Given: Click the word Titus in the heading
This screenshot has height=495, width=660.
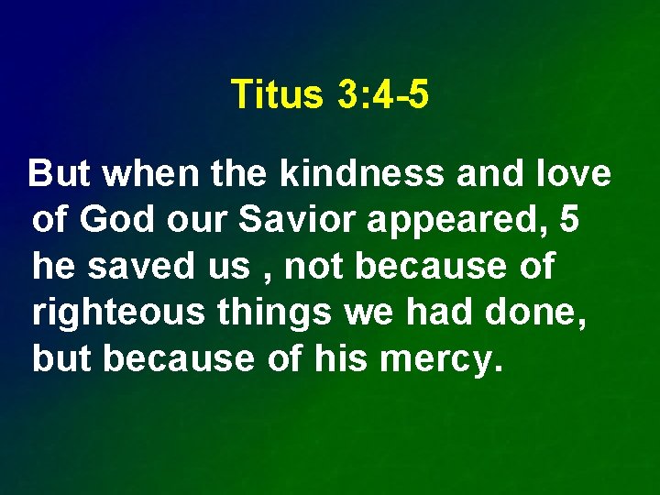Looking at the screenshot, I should point(272,94).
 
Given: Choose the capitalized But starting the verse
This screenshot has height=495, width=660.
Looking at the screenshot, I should point(61,173).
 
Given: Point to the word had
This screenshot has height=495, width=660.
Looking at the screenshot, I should point(443,313).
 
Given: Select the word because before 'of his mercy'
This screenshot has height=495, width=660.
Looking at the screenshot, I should point(178,359).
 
